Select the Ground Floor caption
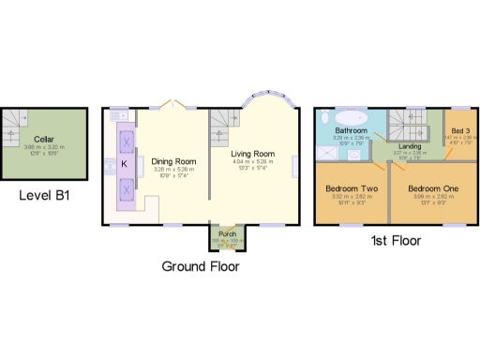tap(200, 266)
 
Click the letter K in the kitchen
tap(123, 162)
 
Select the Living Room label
tap(252, 154)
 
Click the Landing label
tap(410, 146)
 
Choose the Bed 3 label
tap(459, 130)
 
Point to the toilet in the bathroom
tap(323, 119)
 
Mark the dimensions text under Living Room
tap(252, 165)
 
